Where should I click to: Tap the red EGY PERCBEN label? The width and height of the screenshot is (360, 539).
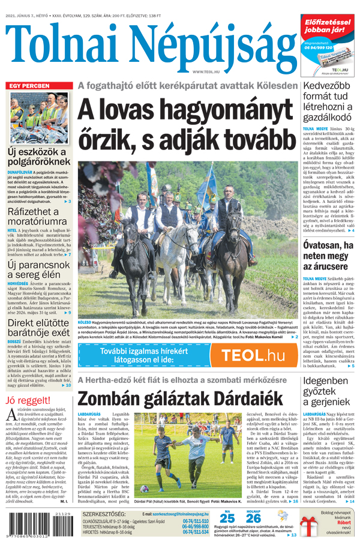point(29,86)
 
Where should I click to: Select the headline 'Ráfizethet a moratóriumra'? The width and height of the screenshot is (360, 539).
point(34,217)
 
